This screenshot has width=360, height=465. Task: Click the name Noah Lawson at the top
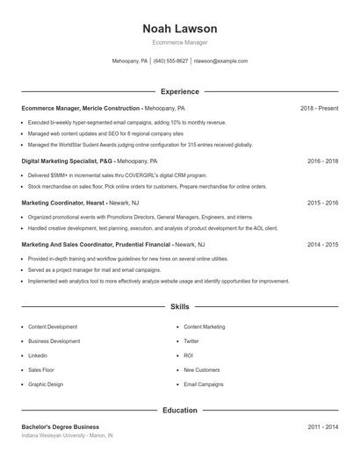pyautogui.click(x=179, y=29)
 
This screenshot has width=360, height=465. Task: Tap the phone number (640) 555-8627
pyautogui.click(x=170, y=61)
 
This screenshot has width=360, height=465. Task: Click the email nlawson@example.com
pyautogui.click(x=220, y=61)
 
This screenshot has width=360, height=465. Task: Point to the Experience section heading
pyautogui.click(x=179, y=91)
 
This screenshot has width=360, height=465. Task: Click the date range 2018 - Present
pyautogui.click(x=319, y=108)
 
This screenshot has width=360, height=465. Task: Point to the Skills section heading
pyautogui.click(x=179, y=307)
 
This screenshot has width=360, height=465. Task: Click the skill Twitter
pyautogui.click(x=191, y=340)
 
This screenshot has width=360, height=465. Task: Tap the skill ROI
pyautogui.click(x=188, y=355)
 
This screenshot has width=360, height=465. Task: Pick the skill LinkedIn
pyautogui.click(x=38, y=355)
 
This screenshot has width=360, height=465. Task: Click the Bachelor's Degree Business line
pyautogui.click(x=60, y=426)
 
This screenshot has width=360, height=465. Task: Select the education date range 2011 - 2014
pyautogui.click(x=322, y=426)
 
